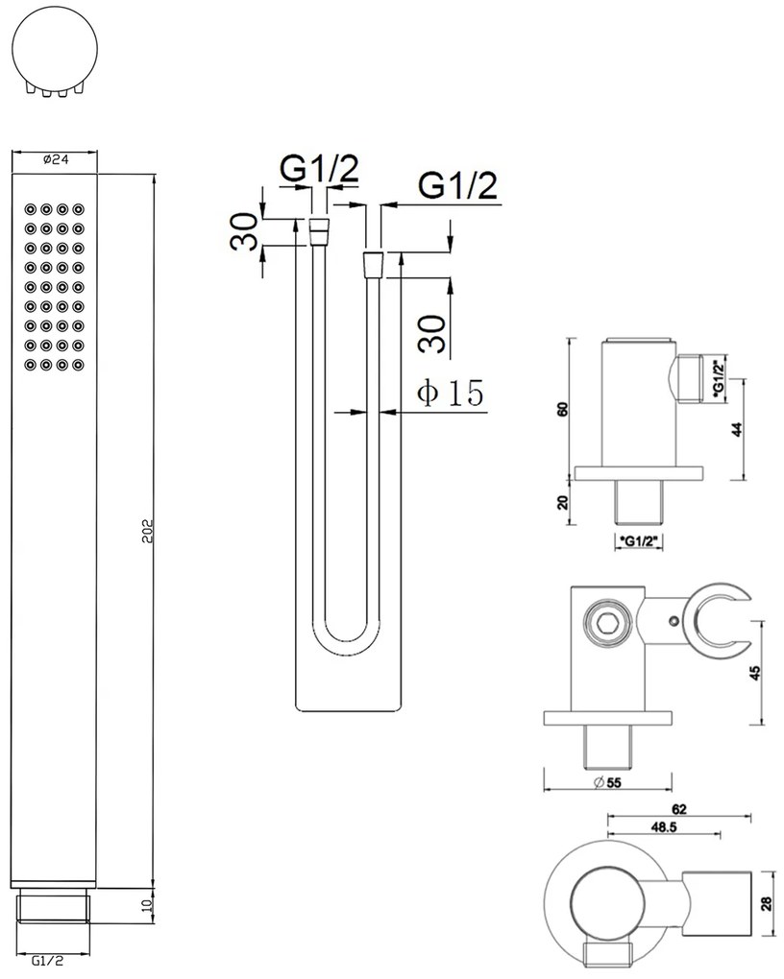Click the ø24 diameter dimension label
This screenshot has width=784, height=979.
[56, 159]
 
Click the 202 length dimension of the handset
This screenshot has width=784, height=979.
[148, 531]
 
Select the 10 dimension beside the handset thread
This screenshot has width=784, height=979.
[148, 906]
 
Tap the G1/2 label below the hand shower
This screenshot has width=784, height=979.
[48, 960]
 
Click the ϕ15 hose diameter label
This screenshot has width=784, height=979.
[451, 393]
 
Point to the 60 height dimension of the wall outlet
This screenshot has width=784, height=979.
[563, 410]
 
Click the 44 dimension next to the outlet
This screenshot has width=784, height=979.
[737, 430]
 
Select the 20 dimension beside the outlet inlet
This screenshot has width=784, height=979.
[563, 502]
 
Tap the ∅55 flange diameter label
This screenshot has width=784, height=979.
[607, 782]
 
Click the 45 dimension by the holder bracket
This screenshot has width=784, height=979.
[755, 673]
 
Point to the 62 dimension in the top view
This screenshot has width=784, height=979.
[679, 809]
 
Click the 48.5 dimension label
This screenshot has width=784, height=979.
[664, 827]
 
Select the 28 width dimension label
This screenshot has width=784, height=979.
[768, 904]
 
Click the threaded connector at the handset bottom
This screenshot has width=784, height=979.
[53, 908]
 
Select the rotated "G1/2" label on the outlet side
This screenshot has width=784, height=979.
[719, 378]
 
